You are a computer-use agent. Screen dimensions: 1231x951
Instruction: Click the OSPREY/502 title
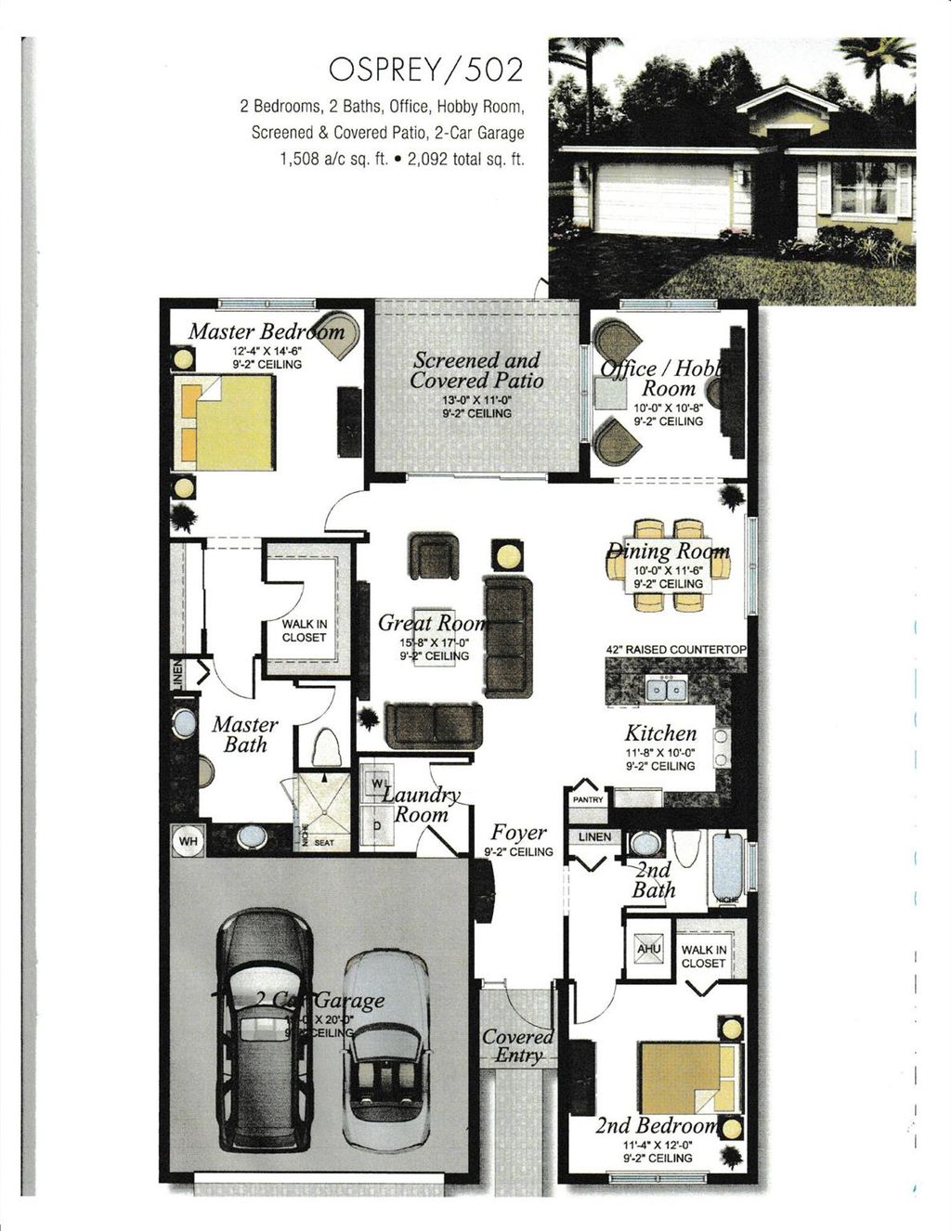[426, 71]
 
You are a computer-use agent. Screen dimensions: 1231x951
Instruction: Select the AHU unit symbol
[647, 950]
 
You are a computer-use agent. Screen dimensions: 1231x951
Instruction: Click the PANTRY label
[588, 799]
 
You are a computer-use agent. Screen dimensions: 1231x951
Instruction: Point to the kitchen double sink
[667, 689]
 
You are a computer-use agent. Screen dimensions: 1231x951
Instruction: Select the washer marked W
[377, 784]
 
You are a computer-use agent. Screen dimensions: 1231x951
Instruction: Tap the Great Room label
[431, 623]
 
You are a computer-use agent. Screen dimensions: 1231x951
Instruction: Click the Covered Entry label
[518, 1045]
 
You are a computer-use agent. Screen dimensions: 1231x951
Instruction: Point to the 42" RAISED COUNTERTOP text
[676, 649]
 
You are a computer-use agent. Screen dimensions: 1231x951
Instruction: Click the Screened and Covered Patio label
[476, 369]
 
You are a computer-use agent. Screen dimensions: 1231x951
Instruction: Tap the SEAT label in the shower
[324, 842]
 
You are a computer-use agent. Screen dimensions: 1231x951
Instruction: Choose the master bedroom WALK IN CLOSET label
[305, 631]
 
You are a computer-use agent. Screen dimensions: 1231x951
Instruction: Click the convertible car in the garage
[385, 1049]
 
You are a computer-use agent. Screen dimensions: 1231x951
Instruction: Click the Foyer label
[518, 832]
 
